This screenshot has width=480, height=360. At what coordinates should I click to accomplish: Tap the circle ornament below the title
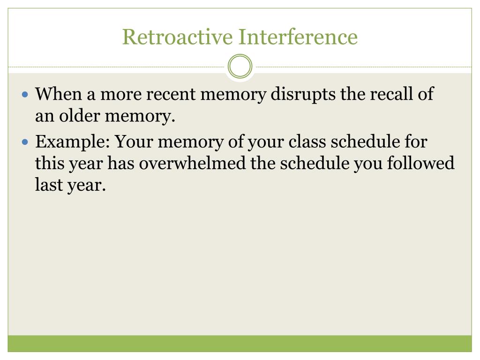240,67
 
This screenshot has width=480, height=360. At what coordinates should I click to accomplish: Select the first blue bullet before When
26,95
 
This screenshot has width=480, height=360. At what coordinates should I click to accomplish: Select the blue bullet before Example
26,142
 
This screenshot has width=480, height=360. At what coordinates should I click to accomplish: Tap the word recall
390,94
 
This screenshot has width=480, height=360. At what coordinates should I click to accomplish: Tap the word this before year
48,164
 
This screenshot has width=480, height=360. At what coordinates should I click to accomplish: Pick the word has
121,164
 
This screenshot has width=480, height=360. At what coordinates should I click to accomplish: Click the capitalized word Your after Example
132,141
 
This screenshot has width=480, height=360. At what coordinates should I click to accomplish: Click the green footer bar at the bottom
240,343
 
